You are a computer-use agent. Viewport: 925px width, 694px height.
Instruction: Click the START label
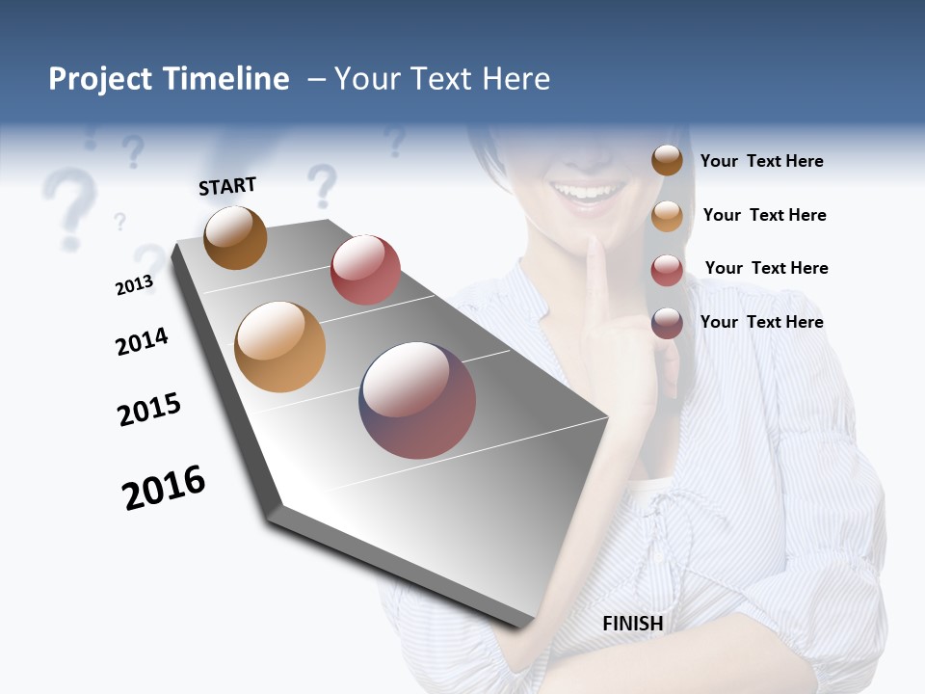tap(227, 186)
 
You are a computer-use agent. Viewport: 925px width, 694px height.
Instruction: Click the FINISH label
tap(633, 624)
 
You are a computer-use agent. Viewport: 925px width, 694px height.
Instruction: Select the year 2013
tap(134, 284)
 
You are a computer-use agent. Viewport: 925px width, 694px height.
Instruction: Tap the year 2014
tap(142, 341)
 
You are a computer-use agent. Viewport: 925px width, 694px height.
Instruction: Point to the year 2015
tap(149, 410)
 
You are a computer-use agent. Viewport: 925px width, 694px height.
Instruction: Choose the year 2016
tap(164, 488)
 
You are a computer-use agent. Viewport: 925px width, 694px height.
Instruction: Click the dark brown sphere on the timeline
tap(235, 237)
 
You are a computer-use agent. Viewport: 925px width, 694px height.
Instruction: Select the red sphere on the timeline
tap(365, 270)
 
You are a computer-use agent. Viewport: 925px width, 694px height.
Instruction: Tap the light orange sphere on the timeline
tap(280, 347)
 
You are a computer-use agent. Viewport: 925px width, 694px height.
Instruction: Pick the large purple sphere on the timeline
tap(417, 400)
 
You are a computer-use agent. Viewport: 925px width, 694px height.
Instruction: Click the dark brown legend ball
tap(667, 161)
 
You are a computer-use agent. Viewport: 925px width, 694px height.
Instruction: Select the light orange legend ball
tap(667, 216)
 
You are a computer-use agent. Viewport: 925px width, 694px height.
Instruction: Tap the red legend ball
tap(667, 270)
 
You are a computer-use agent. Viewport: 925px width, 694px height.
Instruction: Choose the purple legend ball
tap(667, 323)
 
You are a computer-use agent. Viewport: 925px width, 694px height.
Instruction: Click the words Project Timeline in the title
tap(169, 79)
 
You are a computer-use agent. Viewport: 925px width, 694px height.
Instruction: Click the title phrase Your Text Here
tap(442, 79)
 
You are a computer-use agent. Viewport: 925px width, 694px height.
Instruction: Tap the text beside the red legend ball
tap(766, 268)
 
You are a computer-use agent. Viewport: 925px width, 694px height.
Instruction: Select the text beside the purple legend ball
tap(761, 322)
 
